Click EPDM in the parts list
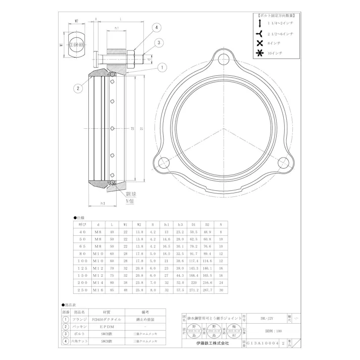point(106,326)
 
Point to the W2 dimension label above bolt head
point(76,21)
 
